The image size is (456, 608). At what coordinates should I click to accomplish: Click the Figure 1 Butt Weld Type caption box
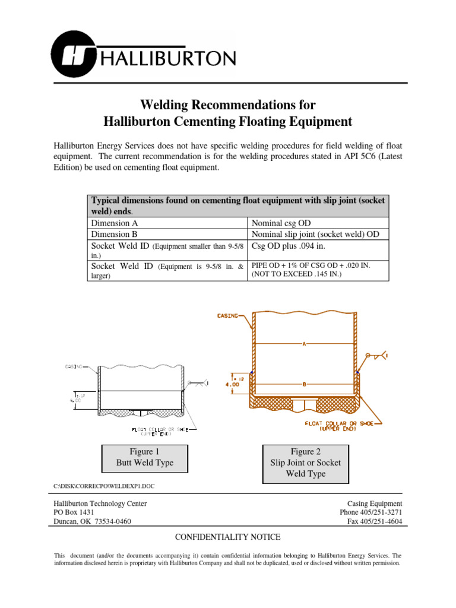[145, 457]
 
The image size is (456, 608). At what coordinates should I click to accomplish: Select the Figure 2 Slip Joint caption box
[305, 463]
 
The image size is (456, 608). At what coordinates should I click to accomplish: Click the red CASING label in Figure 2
[229, 316]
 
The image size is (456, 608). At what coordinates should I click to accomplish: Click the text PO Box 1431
[74, 512]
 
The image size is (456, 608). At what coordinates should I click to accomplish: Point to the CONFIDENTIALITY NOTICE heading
[227, 537]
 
